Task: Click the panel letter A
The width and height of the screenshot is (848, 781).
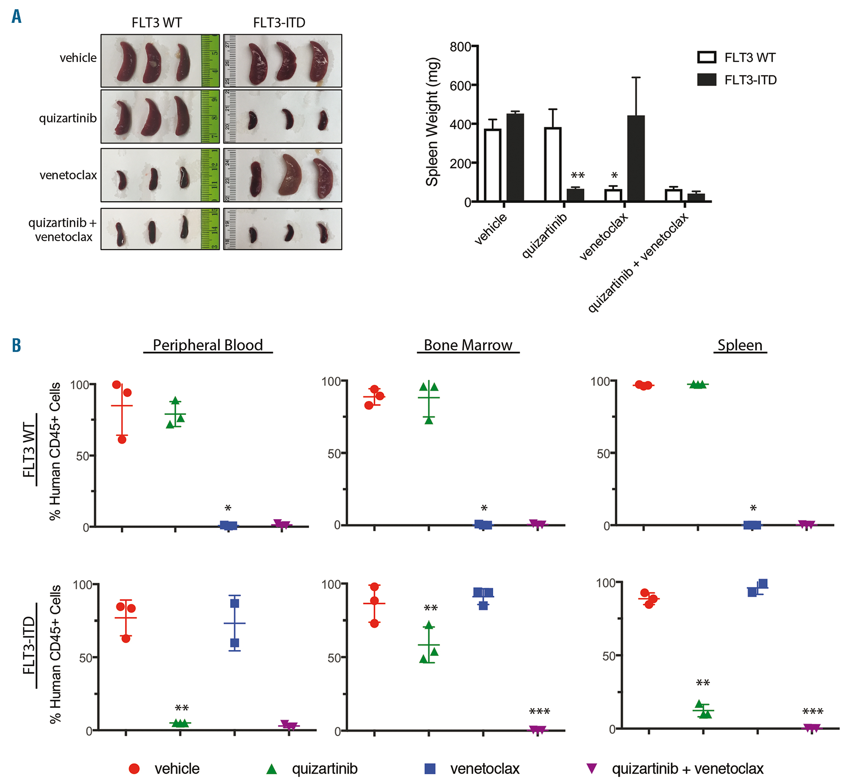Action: point(17,17)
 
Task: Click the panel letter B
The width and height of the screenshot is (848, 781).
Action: point(17,345)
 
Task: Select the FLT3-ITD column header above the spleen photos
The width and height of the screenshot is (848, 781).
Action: point(279,22)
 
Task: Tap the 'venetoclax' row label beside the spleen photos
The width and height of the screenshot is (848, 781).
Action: point(68,175)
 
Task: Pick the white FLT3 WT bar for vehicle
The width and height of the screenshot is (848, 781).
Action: point(493,165)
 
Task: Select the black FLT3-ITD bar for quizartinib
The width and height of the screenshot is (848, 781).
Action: point(575,195)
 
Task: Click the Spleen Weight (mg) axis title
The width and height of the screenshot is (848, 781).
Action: point(432,122)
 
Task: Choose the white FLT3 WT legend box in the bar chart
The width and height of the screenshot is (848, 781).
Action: point(707,57)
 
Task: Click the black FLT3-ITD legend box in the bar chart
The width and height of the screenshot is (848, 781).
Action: point(707,80)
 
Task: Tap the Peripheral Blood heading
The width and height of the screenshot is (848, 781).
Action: point(208,345)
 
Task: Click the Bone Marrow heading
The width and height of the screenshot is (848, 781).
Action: point(468,345)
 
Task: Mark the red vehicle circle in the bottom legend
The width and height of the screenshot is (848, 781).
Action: point(134,769)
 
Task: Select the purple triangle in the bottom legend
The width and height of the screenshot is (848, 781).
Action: point(591,768)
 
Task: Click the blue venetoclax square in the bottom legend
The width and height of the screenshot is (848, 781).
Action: point(430,769)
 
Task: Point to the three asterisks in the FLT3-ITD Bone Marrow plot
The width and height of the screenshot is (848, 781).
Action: point(539,712)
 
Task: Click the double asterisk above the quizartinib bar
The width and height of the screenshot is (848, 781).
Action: point(577,175)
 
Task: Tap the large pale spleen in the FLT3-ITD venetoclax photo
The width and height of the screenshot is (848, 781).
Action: point(290,175)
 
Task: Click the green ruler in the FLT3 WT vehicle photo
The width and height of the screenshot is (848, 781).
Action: point(210,61)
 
